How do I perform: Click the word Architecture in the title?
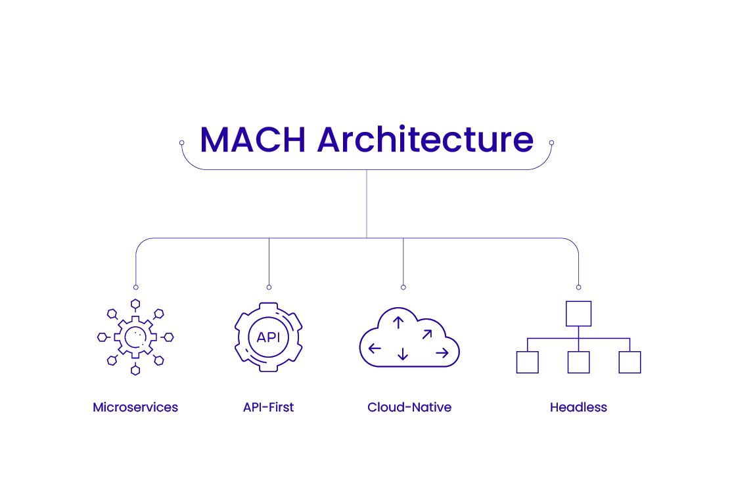click(425, 140)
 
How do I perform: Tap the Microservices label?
click(135, 408)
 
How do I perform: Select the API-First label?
click(268, 408)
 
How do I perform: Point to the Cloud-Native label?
click(409, 408)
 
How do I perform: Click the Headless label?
click(578, 408)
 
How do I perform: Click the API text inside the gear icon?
click(268, 337)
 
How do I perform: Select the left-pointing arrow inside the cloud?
click(375, 349)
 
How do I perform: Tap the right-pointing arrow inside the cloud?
click(442, 353)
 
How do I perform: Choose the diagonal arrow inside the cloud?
click(426, 334)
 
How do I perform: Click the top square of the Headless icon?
click(578, 314)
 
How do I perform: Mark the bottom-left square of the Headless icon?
click(527, 362)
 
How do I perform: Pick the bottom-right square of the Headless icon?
click(630, 362)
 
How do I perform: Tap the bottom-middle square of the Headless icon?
click(578, 362)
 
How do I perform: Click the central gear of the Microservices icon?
click(135, 337)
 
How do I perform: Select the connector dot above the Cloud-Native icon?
click(403, 287)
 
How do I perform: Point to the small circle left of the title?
click(182, 142)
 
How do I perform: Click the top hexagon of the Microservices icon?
click(135, 303)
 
